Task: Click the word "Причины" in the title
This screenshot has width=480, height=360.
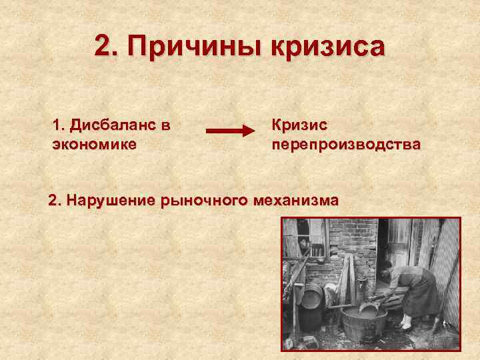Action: tap(193, 47)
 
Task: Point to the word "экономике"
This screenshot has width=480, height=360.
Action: tap(94, 144)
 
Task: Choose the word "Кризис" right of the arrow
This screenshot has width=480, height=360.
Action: tap(299, 125)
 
